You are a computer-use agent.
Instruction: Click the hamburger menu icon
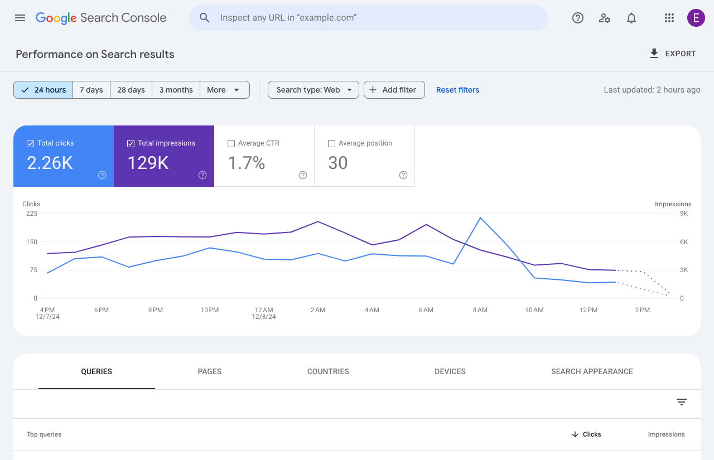point(20,18)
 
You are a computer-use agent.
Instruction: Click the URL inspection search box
point(368,18)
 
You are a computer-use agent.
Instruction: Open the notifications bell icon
point(631,18)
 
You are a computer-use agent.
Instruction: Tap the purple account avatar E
point(696,18)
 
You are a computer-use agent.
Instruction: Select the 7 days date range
point(91,90)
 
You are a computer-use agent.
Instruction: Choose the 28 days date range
point(131,90)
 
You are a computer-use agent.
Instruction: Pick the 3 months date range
point(176,90)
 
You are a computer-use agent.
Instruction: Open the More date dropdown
point(224,90)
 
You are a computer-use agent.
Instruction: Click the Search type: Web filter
point(313,90)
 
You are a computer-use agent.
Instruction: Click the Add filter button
point(394,90)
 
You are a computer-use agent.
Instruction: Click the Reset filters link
point(457,90)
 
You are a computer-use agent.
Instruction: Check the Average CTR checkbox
point(231,143)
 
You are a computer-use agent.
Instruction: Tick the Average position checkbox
point(331,143)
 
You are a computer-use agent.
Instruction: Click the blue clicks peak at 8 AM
point(480,217)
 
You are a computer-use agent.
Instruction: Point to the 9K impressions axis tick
point(683,214)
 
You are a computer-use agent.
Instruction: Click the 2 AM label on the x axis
point(318,310)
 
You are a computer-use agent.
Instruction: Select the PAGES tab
point(210,371)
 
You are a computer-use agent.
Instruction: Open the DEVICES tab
point(450,371)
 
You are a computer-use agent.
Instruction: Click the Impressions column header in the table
point(666,434)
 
